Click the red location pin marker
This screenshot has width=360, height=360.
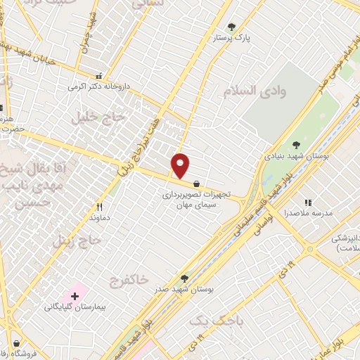181,165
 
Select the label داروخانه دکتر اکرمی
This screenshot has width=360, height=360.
99,86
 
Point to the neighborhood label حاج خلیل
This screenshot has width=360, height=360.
92,117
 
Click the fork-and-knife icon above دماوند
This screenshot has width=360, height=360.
99,207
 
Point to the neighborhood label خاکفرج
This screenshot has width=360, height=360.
130,280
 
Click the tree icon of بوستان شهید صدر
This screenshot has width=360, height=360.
184,278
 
